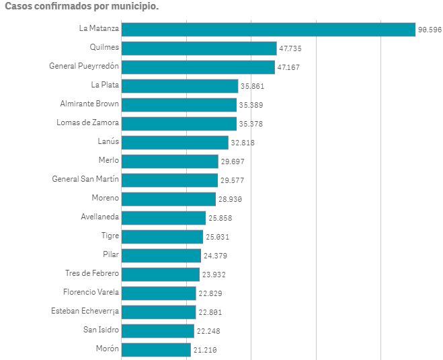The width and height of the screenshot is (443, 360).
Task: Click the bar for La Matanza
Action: point(268,30)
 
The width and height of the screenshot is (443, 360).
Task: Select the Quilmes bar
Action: point(199,48)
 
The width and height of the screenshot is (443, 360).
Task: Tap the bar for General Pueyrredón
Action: point(198,67)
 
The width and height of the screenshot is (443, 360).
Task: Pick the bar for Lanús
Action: point(175,143)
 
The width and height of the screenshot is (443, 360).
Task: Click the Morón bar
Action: point(156,350)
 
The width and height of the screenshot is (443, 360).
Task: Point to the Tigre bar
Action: point(162,237)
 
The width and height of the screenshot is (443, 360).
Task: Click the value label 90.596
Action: point(430,30)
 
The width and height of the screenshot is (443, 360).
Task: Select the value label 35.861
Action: point(253,86)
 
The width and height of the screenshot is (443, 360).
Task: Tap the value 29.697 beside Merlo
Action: point(233,161)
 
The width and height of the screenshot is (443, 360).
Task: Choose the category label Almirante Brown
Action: point(89,104)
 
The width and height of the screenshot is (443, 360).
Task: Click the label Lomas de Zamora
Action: point(87,123)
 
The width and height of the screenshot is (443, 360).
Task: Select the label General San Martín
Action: point(85,180)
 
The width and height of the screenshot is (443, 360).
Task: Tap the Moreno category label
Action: point(105,199)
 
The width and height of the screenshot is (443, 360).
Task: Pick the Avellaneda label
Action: point(99,217)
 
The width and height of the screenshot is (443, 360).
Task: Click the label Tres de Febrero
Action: point(92,274)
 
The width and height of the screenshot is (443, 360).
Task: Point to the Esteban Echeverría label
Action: point(85,312)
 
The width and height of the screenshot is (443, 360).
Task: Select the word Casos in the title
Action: point(19,6)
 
